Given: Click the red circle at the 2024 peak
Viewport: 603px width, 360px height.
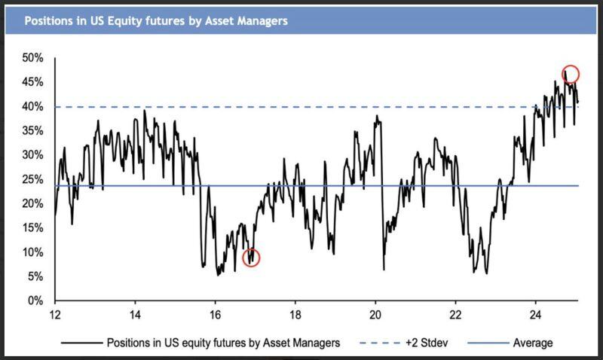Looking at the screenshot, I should [571, 74].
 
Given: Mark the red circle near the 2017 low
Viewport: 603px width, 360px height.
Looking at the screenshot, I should [251, 258].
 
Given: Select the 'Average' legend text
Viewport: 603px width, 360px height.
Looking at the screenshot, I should [533, 343].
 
